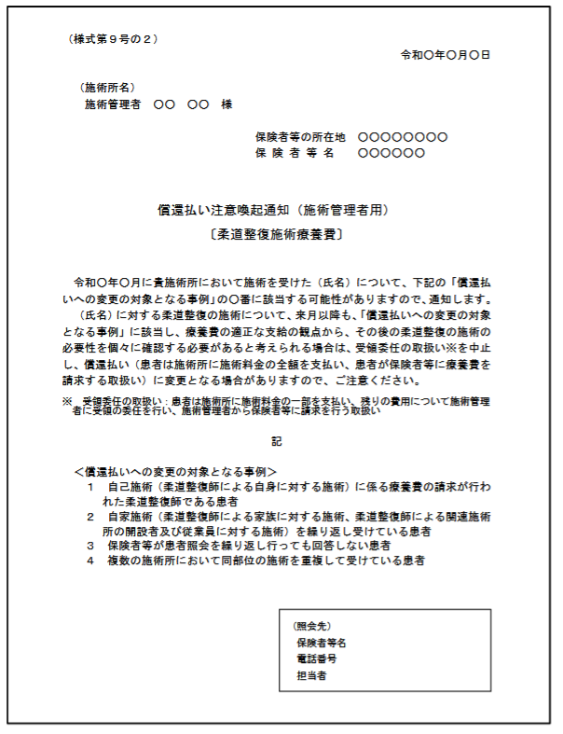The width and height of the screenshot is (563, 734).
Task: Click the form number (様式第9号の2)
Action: click(114, 39)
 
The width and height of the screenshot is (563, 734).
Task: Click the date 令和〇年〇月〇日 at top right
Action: click(446, 55)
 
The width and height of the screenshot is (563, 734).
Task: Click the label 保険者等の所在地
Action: click(300, 137)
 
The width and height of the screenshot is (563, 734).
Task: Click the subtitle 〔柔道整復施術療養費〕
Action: click(276, 235)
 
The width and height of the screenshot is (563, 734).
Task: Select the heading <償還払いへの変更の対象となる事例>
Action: click(176, 472)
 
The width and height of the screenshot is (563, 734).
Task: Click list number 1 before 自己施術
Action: click(90, 487)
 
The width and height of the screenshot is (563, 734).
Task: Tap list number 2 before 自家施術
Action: click(90, 516)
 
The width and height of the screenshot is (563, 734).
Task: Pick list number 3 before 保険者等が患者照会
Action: click(90, 545)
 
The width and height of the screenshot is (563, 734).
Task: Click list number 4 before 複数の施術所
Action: click(90, 561)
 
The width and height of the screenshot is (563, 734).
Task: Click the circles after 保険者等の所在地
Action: click(402, 137)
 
